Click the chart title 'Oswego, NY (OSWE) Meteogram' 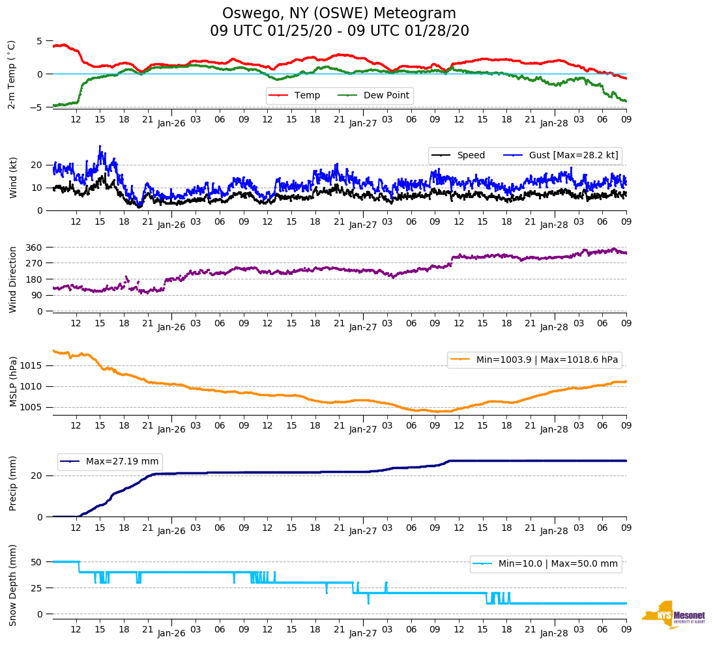[x=339, y=14]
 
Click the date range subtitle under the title [x=339, y=31]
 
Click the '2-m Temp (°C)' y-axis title [x=12, y=74]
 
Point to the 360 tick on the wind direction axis [x=35, y=248]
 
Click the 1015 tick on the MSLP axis [x=33, y=365]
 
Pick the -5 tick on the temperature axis [x=38, y=107]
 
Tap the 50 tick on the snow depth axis [x=37, y=562]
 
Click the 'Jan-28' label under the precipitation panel [x=555, y=532]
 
